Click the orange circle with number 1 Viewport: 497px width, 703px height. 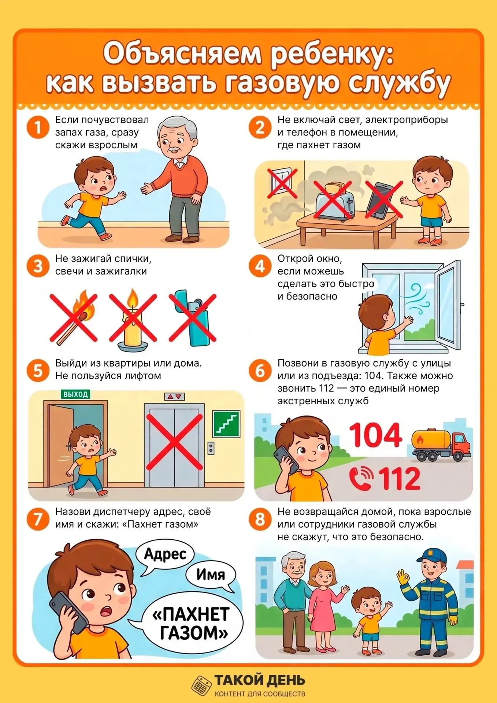point(38,127)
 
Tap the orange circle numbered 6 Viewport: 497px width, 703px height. point(260,371)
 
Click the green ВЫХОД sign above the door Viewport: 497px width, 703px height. point(75,394)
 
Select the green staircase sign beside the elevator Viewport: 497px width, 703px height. point(226,424)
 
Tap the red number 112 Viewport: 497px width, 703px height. point(399,478)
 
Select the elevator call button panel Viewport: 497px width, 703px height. point(211,447)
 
